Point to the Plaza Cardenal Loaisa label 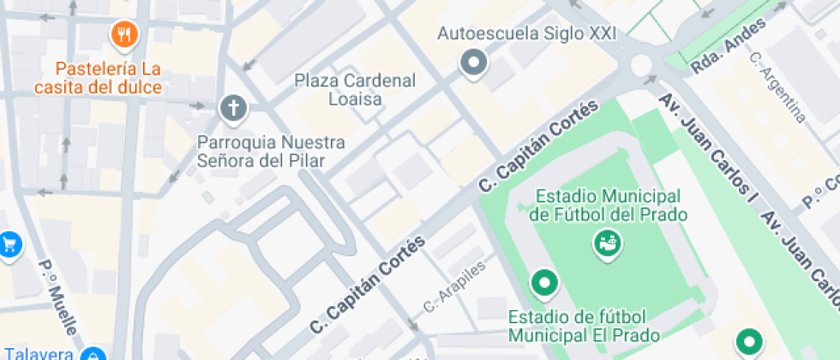355,89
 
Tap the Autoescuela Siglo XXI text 515,34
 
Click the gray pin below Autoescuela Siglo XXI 473,63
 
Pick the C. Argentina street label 777,87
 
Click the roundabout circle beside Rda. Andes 641,64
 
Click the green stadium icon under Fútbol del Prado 607,244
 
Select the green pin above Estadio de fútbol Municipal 543,281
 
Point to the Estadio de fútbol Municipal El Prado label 583,325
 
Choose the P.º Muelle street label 58,297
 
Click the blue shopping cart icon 9,244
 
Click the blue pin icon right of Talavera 92,355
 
